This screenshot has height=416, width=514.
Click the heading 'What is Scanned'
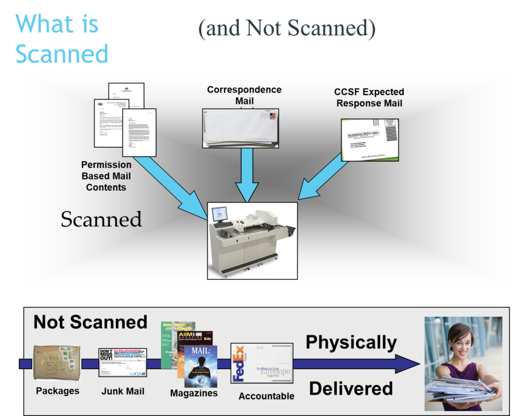(61, 39)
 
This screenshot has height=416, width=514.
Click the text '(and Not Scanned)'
(287, 29)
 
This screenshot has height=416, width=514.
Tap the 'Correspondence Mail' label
(244, 95)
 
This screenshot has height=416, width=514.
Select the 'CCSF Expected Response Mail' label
(369, 98)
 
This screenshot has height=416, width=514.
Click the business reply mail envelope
(369, 139)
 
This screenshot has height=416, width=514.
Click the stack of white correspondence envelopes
(241, 128)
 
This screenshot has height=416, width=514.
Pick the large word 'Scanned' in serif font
(101, 219)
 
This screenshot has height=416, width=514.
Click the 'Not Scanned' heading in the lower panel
(90, 322)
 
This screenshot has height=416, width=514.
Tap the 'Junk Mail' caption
(123, 391)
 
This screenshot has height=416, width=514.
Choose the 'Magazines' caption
(194, 393)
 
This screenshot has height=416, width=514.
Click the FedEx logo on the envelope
(239, 362)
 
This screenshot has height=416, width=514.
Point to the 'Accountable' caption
(266, 396)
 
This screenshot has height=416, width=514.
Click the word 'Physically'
(351, 342)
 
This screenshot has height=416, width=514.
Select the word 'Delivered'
(350, 388)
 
